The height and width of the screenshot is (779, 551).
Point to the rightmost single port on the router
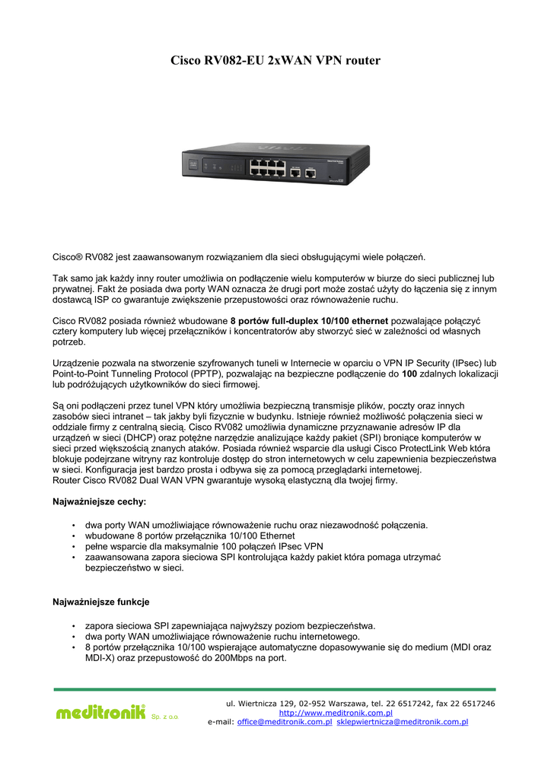[311, 173]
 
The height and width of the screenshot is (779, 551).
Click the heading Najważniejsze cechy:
[99, 502]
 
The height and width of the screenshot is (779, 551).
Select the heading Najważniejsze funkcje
[100, 603]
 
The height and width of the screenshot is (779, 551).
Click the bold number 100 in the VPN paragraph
[409, 374]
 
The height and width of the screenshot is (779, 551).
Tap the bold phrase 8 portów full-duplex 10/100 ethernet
[308, 320]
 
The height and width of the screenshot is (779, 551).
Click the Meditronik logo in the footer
[100, 712]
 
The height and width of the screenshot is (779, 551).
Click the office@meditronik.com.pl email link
[285, 722]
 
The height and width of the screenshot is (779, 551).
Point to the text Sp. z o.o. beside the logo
[165, 717]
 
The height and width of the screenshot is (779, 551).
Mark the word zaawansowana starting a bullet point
[117, 557]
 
